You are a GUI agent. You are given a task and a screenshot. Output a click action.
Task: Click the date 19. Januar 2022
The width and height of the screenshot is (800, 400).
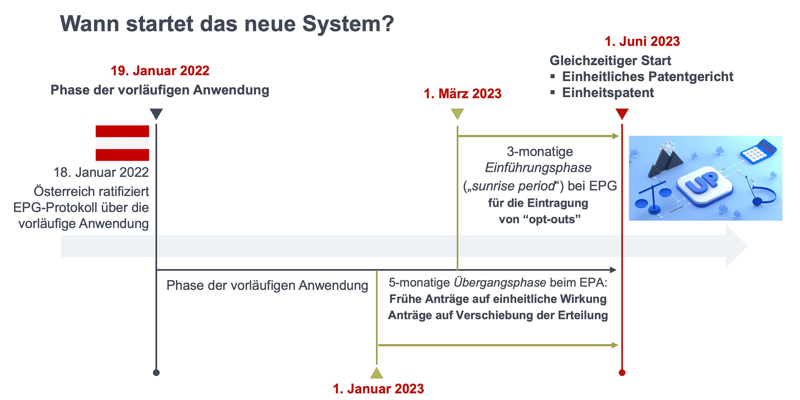[x=160, y=71]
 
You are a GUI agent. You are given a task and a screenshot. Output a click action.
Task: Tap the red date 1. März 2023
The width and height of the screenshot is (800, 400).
[x=462, y=94]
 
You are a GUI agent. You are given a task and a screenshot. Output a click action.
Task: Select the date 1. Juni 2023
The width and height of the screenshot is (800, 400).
[x=642, y=42]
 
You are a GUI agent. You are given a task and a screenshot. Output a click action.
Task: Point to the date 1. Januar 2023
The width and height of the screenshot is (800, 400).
[x=378, y=388]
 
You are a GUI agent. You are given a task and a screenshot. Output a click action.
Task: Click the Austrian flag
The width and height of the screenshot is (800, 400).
[x=122, y=143]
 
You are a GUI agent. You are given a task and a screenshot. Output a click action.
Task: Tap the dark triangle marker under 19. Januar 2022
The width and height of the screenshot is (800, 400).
[x=156, y=114]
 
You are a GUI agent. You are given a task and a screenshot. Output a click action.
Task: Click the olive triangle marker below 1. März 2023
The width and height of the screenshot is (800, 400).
[x=457, y=114]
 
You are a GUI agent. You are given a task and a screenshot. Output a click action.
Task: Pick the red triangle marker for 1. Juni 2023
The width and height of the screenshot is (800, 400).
[x=622, y=114]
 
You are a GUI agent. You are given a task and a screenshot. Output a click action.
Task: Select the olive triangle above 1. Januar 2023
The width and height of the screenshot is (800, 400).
[x=377, y=373]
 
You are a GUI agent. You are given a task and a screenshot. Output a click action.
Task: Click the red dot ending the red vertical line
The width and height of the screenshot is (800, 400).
[x=622, y=373]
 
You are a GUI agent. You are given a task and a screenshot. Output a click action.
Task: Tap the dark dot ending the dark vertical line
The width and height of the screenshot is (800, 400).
[x=156, y=373]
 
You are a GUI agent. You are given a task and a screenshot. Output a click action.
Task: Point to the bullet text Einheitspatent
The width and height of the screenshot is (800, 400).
[x=608, y=93]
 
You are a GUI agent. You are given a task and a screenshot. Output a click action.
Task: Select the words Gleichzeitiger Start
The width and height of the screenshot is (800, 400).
[x=610, y=61]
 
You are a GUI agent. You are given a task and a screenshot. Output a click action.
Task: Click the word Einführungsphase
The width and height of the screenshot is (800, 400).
[x=538, y=168]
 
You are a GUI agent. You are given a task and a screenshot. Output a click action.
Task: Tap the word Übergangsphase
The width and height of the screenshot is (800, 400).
[x=500, y=283]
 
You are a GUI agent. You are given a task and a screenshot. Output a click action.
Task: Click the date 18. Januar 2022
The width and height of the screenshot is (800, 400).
[x=101, y=172]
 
